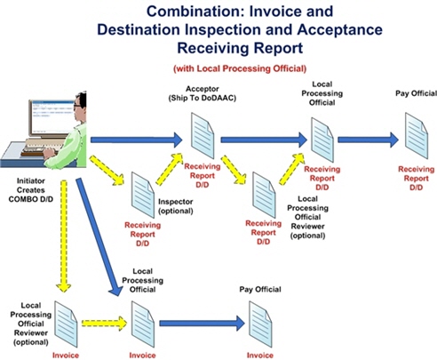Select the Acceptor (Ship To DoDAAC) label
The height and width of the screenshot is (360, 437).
[x=201, y=93]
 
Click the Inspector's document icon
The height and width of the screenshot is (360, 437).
[x=144, y=195]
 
